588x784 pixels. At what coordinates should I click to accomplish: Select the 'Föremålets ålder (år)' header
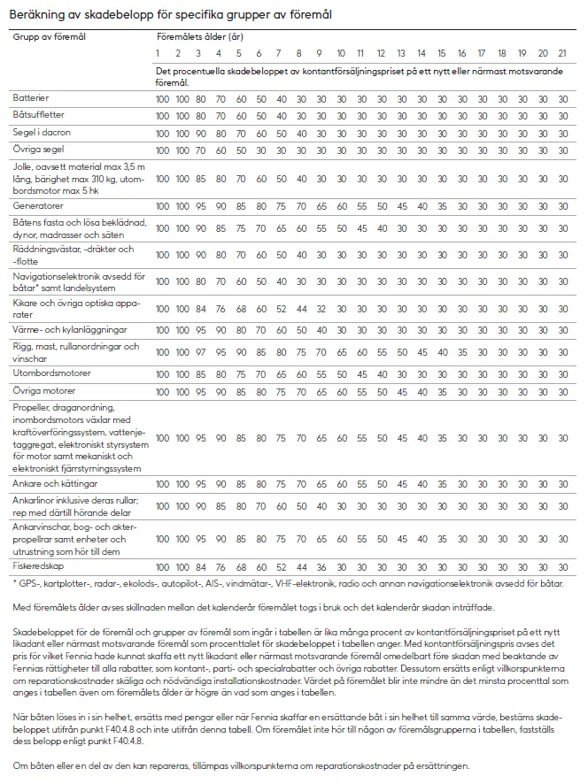coord(199,39)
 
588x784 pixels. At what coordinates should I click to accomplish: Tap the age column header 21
coord(563,55)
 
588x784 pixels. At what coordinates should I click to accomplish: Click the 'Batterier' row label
coord(32,96)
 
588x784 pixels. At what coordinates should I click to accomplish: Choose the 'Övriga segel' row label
coord(38,150)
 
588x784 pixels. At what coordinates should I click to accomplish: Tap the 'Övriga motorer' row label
coord(43,390)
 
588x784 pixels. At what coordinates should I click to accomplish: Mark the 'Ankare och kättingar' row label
coord(55,484)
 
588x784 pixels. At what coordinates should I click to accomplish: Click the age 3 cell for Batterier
coord(201,97)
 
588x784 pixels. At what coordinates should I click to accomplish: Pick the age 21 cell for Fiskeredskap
coord(563,566)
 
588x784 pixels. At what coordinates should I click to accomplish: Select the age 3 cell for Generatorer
coord(201,206)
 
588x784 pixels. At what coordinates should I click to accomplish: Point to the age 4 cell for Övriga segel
coord(220,150)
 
